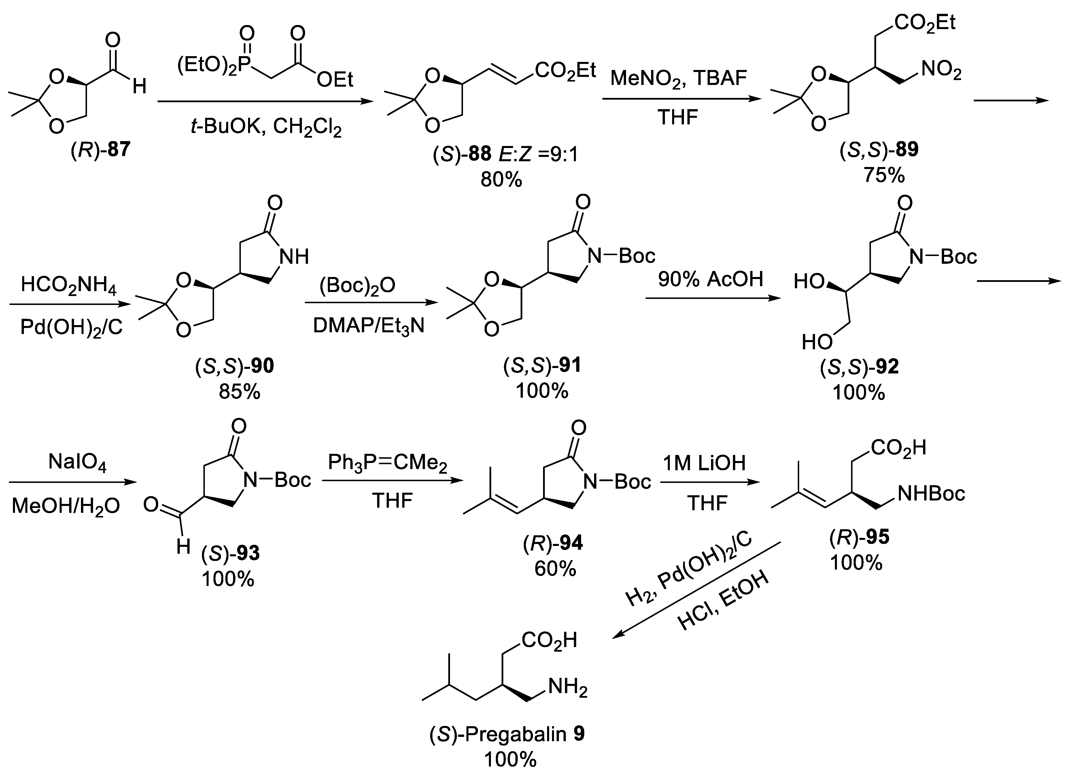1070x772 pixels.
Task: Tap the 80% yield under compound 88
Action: pos(501,180)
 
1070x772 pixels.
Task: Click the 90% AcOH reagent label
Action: pos(710,280)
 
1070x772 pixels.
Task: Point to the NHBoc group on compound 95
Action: pos(931,494)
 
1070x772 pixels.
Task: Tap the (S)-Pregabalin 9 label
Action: pos(507,734)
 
